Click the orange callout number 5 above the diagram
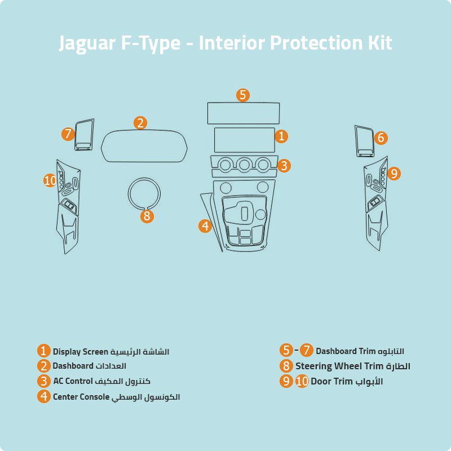tap(242, 95)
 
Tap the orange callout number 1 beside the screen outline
tap(281, 136)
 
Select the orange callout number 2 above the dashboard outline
tap(140, 122)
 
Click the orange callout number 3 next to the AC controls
tap(284, 165)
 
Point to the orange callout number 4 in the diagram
tap(205, 225)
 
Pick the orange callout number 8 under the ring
tap(147, 216)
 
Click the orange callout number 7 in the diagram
tap(68, 134)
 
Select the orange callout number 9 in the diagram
tap(393, 174)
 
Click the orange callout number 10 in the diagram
tap(51, 180)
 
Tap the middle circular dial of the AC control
tap(244, 164)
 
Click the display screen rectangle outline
tap(244, 139)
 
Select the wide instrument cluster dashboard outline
tap(144, 145)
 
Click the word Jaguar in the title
tap(87, 43)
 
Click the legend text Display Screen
tap(79, 352)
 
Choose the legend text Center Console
tap(81, 397)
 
